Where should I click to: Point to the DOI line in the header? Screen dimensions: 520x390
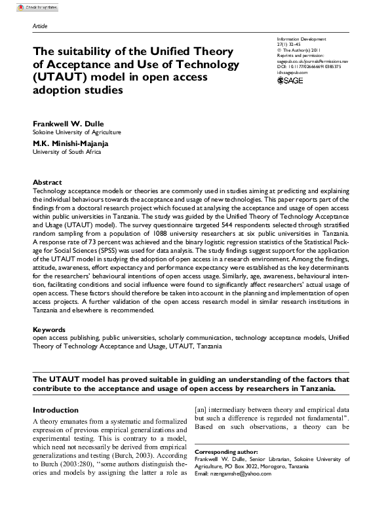tap(309, 66)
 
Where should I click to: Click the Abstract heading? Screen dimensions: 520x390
tap(47, 182)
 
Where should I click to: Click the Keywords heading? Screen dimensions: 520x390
tap(49, 329)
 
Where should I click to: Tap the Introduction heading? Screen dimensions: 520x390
tap(56, 410)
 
